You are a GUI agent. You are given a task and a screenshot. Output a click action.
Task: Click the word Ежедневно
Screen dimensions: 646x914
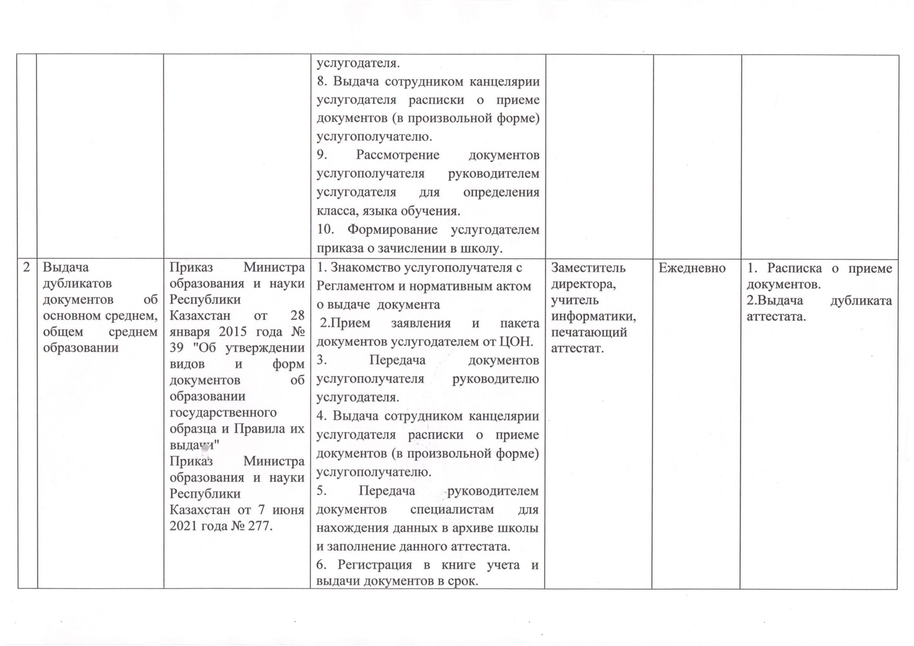coord(692,268)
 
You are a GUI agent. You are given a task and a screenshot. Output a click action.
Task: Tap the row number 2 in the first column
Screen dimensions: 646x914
coord(27,267)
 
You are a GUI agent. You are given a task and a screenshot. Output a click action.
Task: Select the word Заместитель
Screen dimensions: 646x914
coord(588,268)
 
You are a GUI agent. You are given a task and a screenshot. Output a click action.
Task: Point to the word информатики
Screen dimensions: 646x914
coord(593,316)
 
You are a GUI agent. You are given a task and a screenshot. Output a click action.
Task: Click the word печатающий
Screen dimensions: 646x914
coord(589,332)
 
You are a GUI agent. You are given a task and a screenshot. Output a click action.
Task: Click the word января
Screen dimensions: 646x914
coord(189,332)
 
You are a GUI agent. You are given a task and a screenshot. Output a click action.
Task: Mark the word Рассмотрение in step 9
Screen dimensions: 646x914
coord(397,155)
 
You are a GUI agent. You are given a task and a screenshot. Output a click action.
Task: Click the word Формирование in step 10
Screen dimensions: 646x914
coord(392,229)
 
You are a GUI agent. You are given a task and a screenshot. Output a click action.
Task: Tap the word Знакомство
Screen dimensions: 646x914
coord(366,268)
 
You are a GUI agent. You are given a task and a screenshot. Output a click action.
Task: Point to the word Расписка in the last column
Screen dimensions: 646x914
coord(794,268)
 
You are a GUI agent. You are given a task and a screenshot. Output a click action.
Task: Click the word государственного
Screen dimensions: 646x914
coord(223,413)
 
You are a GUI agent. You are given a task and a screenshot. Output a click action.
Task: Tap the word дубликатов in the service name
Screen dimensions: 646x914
coord(77,283)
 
